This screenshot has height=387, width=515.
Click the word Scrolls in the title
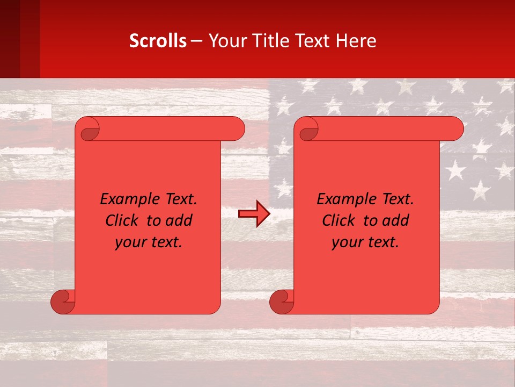pyautogui.click(x=158, y=41)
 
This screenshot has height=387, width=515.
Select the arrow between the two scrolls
pyautogui.click(x=254, y=214)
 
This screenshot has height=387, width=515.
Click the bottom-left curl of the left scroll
pyautogui.click(x=62, y=302)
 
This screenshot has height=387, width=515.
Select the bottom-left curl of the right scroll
pyautogui.click(x=281, y=302)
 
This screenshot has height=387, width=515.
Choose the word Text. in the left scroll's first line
pyautogui.click(x=179, y=199)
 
